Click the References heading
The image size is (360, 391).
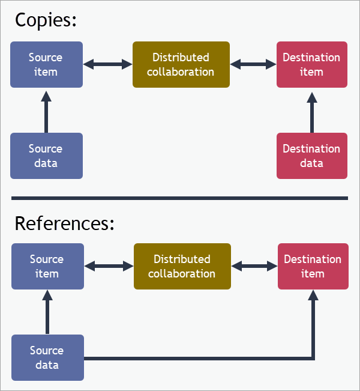64,223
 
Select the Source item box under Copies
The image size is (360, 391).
46,64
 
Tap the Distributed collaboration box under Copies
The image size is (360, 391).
181,64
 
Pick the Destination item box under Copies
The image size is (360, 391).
311,64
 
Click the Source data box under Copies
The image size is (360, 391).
46,156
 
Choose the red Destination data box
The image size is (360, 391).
311,156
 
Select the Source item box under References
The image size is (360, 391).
47,266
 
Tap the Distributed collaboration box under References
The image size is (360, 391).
182,266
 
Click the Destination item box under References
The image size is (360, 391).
313,266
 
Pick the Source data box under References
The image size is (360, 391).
47,357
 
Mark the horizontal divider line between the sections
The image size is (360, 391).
179,198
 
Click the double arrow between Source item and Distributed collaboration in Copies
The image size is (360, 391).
107,64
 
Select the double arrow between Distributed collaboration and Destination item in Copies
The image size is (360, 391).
253,64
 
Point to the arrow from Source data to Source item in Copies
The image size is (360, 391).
46,111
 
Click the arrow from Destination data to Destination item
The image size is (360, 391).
311,111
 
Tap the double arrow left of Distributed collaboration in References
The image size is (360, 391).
109,265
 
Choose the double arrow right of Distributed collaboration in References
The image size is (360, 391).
254,265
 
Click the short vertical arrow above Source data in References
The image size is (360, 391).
47,312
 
